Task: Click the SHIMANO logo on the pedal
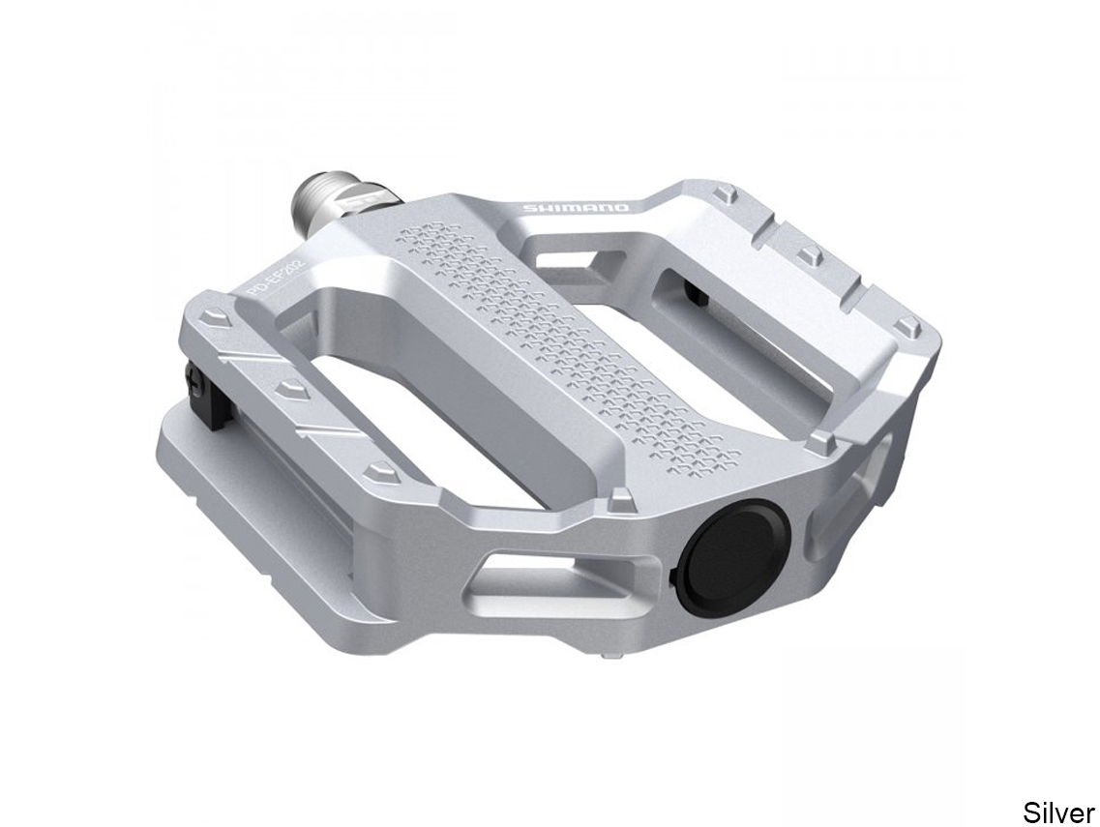click(x=576, y=207)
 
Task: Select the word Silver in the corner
click(x=1058, y=812)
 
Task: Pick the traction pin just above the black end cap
click(x=618, y=497)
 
